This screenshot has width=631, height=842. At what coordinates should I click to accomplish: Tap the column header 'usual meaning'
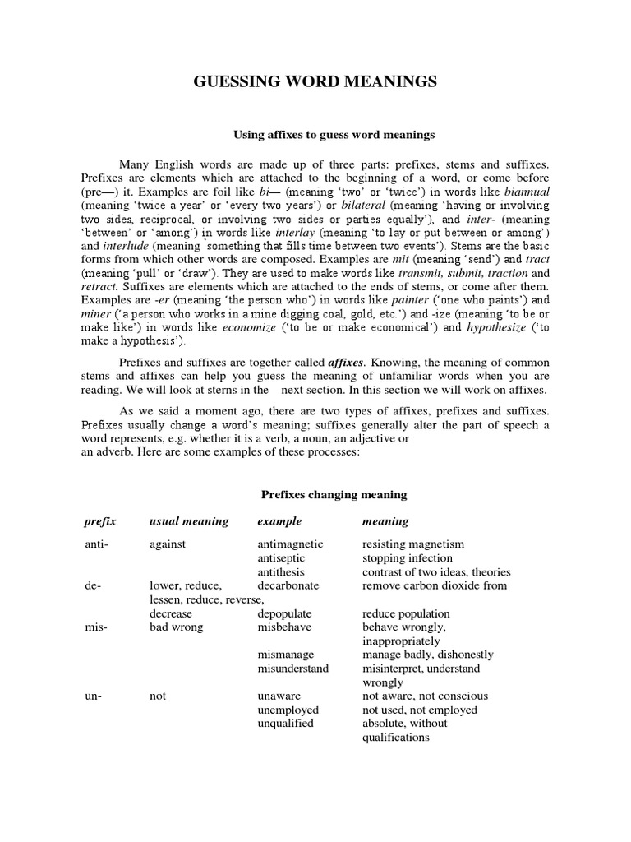click(189, 521)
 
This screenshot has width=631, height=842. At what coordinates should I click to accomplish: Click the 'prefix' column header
click(100, 521)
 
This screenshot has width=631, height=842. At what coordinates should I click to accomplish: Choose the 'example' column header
click(279, 521)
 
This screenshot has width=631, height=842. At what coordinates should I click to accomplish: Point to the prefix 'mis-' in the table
click(95, 627)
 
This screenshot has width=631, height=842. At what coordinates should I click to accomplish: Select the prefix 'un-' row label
click(93, 696)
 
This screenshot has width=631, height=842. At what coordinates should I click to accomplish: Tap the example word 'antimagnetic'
click(290, 544)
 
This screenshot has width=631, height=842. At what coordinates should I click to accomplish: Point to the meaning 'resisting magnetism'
click(413, 544)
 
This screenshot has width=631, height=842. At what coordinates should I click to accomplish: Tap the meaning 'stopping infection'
click(408, 557)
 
